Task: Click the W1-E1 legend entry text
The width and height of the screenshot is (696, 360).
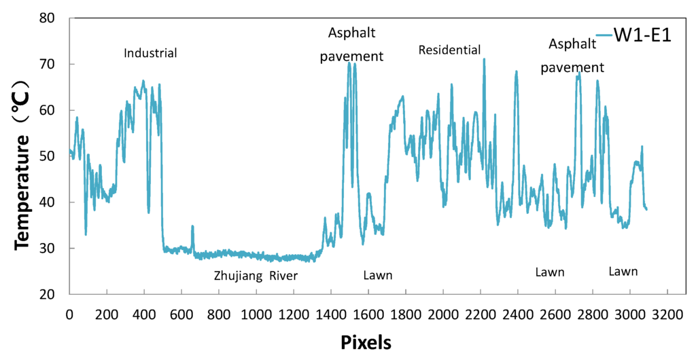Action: click(x=642, y=36)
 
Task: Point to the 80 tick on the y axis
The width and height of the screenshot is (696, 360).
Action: click(x=69, y=18)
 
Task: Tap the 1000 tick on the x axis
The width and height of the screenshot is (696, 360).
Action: click(x=256, y=295)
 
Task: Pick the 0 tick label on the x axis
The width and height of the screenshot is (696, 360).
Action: click(x=69, y=314)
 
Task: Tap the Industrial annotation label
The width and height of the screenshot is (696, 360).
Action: click(x=150, y=53)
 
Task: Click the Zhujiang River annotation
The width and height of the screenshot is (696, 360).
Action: click(x=256, y=276)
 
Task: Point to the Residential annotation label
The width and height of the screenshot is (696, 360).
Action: click(x=449, y=50)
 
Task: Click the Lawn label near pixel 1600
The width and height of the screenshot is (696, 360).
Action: click(x=378, y=275)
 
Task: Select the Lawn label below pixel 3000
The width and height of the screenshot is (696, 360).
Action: click(x=623, y=272)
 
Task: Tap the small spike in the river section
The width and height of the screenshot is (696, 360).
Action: click(x=192, y=226)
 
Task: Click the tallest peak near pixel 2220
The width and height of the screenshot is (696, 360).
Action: click(x=484, y=59)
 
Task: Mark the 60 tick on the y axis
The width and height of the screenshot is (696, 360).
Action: click(x=69, y=110)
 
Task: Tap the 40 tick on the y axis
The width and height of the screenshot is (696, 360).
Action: click(x=69, y=202)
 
